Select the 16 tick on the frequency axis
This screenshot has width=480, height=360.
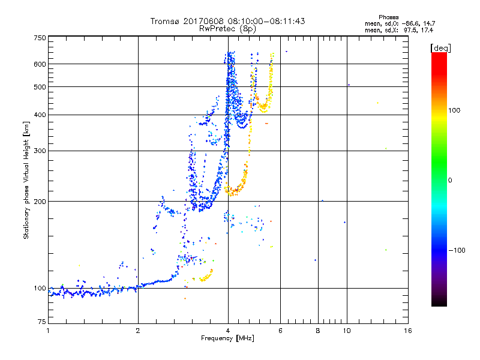pyautogui.click(x=407, y=331)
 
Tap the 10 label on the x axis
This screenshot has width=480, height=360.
pyautogui.click(x=347, y=331)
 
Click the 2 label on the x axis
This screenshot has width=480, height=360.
pyautogui.click(x=138, y=331)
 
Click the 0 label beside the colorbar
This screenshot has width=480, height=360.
pyautogui.click(x=449, y=180)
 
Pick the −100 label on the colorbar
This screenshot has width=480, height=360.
pyautogui.click(x=456, y=250)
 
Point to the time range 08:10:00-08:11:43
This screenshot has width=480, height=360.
pyautogui.click(x=263, y=21)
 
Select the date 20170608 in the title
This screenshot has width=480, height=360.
pyautogui.click(x=202, y=21)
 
